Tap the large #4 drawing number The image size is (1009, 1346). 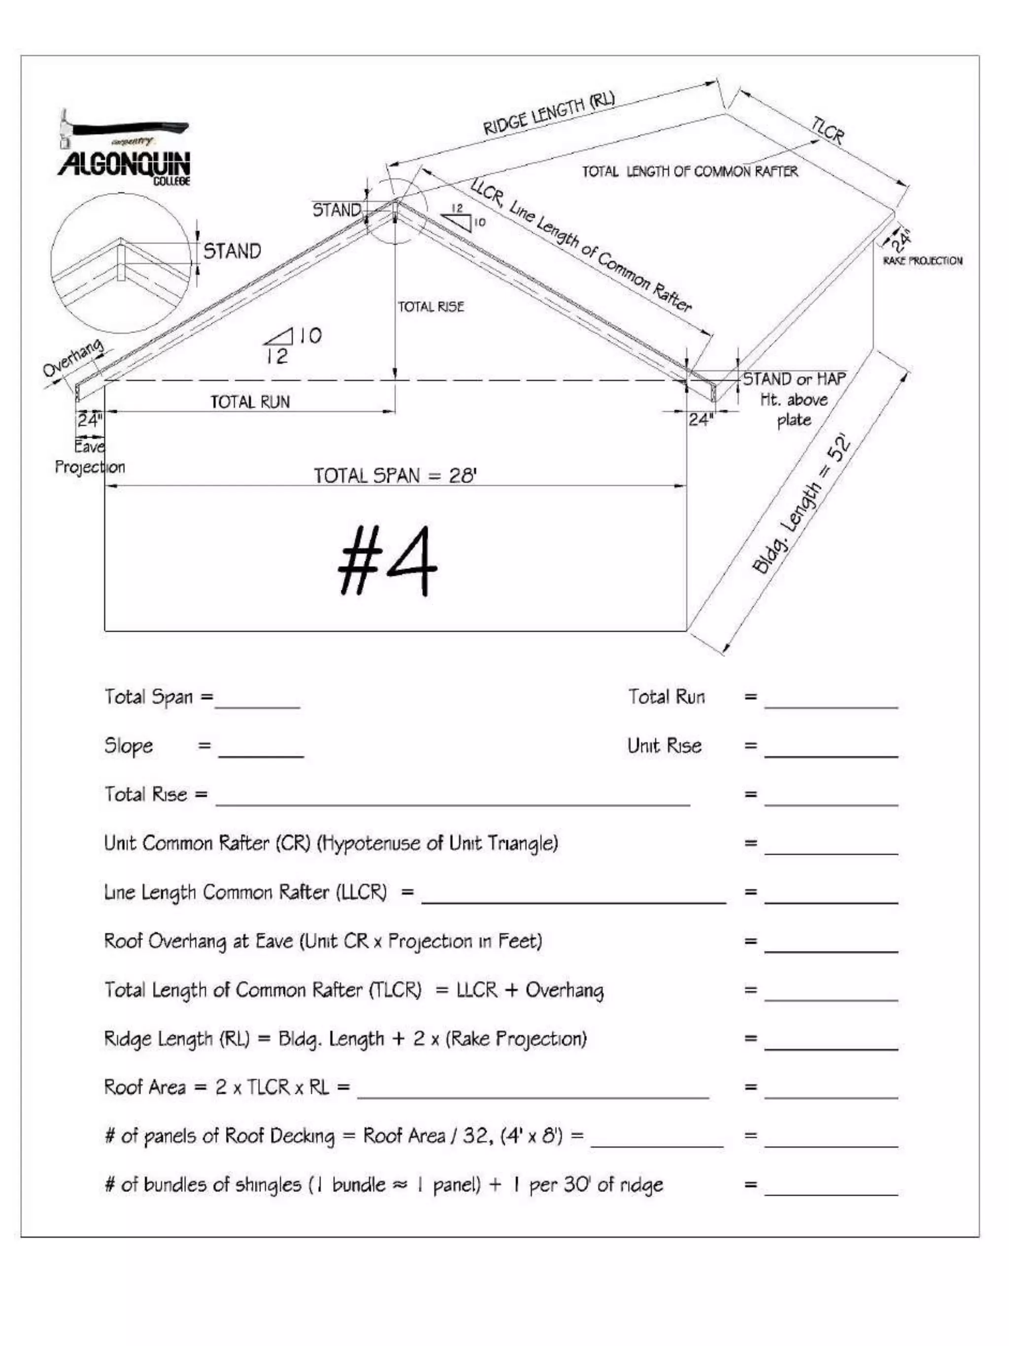tap(387, 561)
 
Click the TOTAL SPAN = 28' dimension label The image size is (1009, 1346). tap(395, 475)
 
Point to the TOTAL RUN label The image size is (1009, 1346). tap(250, 402)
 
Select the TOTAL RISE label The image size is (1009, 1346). tap(431, 307)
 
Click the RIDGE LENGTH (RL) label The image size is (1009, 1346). tap(548, 114)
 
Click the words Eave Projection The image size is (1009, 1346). tap(89, 457)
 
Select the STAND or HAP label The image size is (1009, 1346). tap(794, 379)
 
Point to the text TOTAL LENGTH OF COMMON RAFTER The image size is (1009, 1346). tap(690, 172)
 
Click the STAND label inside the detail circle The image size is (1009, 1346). tap(232, 251)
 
